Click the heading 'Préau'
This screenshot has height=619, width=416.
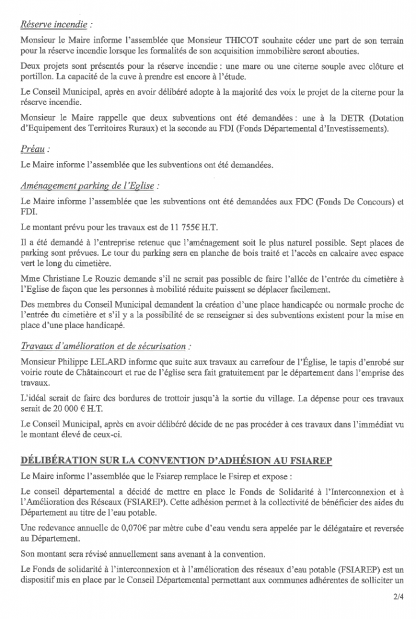tap(35, 148)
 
